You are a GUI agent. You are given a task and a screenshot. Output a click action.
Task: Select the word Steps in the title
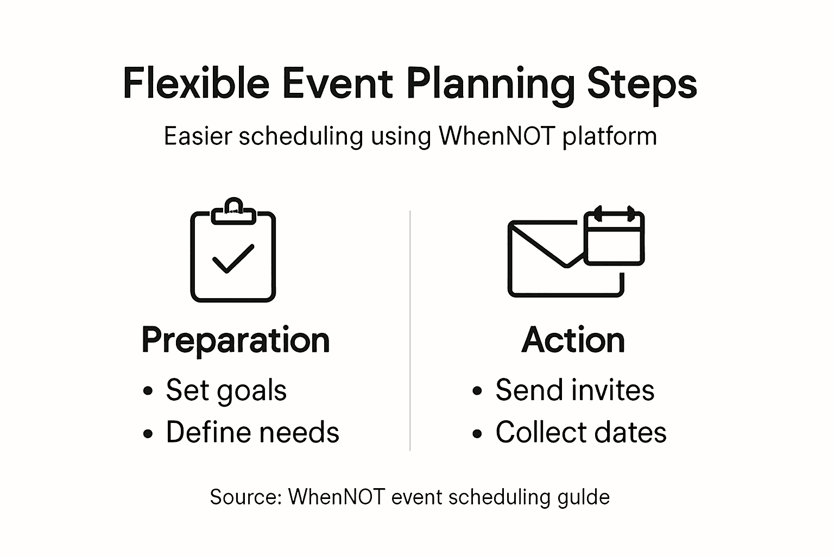[642, 86]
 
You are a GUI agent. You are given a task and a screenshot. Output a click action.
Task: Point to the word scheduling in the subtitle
[301, 137]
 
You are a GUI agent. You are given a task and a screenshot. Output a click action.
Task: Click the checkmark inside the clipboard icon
[233, 259]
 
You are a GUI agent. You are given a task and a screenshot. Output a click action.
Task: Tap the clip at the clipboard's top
[233, 212]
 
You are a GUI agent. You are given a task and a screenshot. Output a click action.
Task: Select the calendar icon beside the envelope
[614, 236]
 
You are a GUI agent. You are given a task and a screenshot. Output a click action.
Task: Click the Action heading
[573, 340]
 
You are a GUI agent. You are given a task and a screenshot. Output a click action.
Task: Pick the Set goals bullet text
[226, 391]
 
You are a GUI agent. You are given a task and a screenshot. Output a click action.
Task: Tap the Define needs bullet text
[252, 432]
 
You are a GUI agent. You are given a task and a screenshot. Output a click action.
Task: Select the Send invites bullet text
[575, 390]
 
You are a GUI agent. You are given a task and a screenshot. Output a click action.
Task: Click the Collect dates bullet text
[581, 432]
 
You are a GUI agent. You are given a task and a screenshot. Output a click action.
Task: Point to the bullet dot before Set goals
[148, 390]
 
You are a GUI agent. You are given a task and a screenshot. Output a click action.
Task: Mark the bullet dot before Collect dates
[477, 433]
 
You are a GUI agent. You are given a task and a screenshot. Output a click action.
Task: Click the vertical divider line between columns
[410, 331]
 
